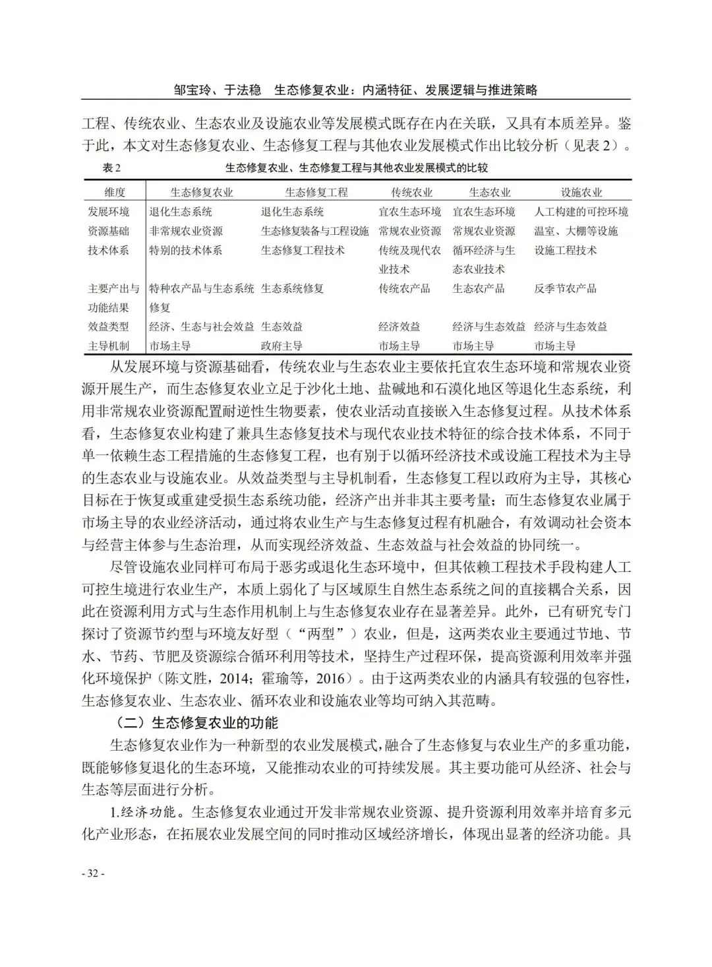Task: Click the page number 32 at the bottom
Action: pos(93,873)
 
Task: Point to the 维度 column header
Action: pos(114,193)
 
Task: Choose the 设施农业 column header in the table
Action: pos(581,193)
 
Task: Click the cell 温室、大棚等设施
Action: pos(576,231)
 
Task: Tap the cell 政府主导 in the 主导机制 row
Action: pos(282,346)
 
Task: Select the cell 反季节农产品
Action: pos(565,288)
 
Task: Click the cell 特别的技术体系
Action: pos(186,250)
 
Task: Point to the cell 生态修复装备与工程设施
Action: pos(314,231)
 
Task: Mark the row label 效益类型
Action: pos(109,327)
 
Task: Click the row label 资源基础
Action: pos(109,231)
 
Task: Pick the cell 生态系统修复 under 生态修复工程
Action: pos(292,288)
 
